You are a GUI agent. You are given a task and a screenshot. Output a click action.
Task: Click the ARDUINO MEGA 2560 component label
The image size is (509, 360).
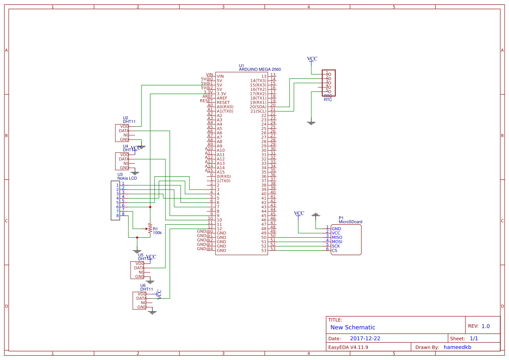point(260,69)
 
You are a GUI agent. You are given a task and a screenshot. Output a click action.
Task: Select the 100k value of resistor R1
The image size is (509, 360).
point(157,233)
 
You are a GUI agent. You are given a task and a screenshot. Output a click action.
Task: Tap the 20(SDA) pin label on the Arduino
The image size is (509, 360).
point(258,107)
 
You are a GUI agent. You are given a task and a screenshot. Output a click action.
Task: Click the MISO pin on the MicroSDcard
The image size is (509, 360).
point(337,237)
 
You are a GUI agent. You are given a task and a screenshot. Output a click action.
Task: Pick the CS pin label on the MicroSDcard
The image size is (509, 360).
point(334,250)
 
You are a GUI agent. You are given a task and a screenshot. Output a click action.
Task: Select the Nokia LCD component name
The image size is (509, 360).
point(127,178)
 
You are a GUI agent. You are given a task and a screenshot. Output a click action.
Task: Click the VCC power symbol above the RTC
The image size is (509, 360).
point(312,59)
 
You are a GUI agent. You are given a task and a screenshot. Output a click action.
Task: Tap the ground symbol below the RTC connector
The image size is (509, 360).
point(311,123)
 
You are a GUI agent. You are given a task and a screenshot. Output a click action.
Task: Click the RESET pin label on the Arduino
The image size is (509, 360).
point(223,102)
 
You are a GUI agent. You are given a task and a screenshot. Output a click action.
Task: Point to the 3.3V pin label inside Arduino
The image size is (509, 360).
point(221,94)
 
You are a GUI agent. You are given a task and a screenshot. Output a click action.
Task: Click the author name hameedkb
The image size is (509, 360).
point(457,347)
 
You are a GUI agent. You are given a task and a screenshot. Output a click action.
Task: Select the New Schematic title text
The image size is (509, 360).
point(353,327)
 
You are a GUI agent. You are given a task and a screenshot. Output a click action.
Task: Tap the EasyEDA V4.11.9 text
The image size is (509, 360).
point(348,347)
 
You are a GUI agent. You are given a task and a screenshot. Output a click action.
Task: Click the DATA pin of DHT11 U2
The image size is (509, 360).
point(124,131)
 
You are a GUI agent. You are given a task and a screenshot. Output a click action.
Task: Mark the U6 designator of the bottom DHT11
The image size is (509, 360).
point(143,286)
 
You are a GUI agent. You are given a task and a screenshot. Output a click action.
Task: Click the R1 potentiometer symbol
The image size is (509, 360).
point(150,228)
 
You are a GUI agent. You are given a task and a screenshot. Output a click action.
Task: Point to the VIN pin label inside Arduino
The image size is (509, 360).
point(220,76)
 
